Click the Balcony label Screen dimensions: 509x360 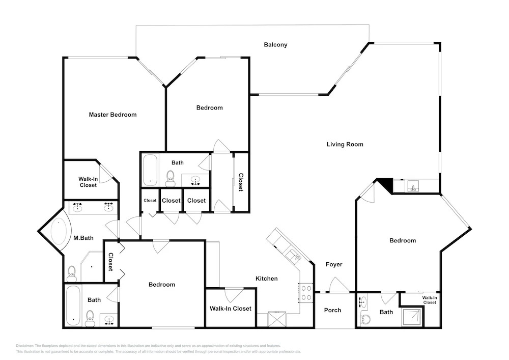[275, 45]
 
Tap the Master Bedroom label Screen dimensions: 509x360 [112, 115]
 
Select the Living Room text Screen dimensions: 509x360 [345, 145]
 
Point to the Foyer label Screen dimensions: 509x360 [334, 265]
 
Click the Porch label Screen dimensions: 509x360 [332, 310]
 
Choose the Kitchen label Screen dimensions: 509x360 [267, 279]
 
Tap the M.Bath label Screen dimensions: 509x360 [83, 238]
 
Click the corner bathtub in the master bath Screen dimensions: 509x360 [59, 232]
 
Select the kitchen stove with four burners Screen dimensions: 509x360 [305, 293]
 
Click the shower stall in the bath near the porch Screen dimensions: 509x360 [412, 317]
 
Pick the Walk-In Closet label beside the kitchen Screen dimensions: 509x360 [231, 309]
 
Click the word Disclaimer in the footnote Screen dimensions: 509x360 [24, 346]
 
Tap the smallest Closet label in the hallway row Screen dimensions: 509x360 [150, 201]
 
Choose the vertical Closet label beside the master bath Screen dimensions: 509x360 [110, 262]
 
